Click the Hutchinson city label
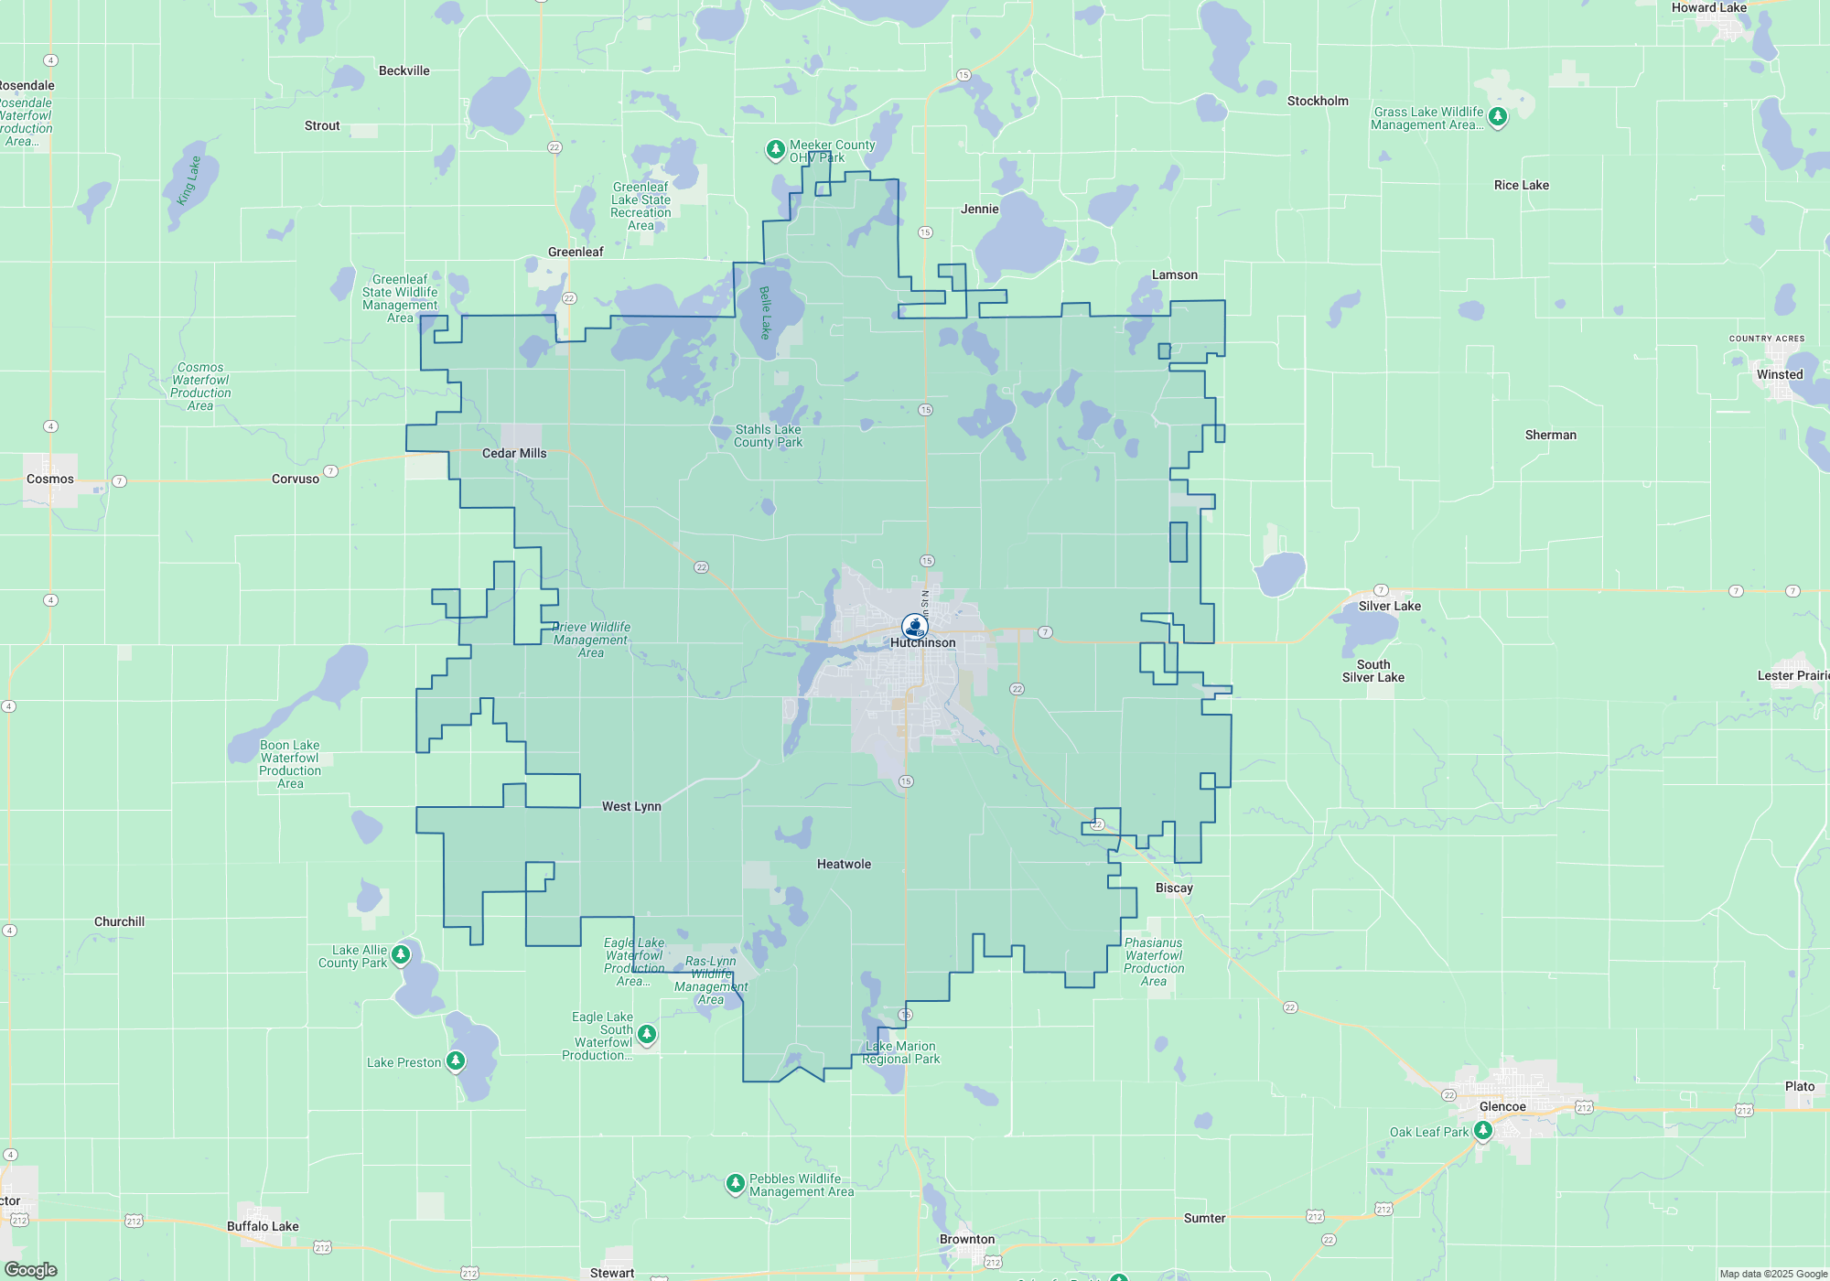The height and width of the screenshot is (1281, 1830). click(922, 643)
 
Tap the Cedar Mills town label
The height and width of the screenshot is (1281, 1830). click(514, 454)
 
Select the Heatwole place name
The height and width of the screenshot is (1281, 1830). click(844, 865)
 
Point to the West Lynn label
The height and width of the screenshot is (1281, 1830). click(631, 807)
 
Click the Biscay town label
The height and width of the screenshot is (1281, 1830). click(1174, 888)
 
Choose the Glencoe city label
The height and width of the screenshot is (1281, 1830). click(1502, 1107)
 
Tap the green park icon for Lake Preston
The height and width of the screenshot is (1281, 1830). click(456, 1061)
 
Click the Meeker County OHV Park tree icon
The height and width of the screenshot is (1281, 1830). click(775, 149)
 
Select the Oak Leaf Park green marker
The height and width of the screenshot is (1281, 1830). click(1483, 1131)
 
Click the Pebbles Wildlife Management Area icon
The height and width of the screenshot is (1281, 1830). click(735, 1184)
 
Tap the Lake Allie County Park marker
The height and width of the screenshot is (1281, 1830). click(401, 954)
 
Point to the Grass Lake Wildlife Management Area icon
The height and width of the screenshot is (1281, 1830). click(1498, 116)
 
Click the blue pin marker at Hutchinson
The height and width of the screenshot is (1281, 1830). click(914, 627)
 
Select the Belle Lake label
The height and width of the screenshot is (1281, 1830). click(766, 312)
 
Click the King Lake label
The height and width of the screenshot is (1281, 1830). click(188, 180)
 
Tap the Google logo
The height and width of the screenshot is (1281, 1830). click(30, 1270)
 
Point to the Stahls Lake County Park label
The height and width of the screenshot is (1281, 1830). click(768, 436)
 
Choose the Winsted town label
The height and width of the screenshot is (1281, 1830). click(1779, 375)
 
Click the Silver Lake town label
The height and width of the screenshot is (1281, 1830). click(1389, 607)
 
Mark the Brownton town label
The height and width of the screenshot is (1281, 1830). click(966, 1240)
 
